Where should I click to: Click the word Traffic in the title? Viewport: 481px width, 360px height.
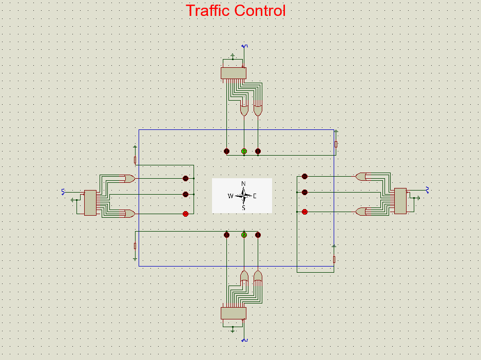click(x=208, y=10)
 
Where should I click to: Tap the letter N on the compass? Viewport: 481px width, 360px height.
click(x=243, y=184)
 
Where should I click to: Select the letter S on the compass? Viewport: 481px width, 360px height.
click(x=243, y=208)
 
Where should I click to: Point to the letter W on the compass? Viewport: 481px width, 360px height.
click(x=230, y=196)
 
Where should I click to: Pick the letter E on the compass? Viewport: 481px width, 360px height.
click(x=255, y=196)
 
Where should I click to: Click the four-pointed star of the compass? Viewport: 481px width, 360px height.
click(x=244, y=196)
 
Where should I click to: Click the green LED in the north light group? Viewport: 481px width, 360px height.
click(x=244, y=151)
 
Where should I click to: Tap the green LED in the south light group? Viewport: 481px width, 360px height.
click(x=244, y=235)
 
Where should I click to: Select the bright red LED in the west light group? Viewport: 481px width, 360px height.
click(x=186, y=213)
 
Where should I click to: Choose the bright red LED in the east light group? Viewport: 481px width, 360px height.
click(x=304, y=212)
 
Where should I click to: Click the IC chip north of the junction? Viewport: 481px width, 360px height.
click(x=234, y=73)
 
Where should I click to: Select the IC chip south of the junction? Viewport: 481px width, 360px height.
click(x=234, y=313)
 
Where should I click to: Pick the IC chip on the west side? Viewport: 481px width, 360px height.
click(x=90, y=202)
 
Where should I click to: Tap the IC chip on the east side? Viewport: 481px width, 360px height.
click(x=400, y=200)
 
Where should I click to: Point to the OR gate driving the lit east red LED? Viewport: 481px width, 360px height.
click(x=361, y=212)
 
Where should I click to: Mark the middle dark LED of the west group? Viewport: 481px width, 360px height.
click(x=186, y=194)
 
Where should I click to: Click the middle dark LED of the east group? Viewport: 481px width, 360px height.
click(x=304, y=192)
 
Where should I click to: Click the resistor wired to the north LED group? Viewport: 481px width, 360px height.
click(x=336, y=144)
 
